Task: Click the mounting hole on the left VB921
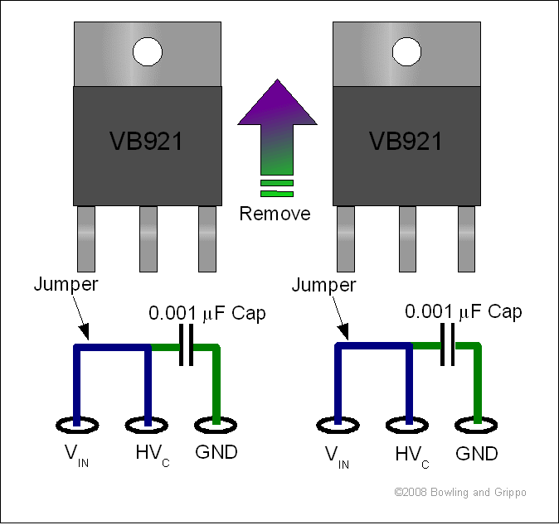148,52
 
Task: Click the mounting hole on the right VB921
406,52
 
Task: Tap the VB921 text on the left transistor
146,141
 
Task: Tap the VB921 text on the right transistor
406,141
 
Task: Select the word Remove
275,214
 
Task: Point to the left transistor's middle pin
148,238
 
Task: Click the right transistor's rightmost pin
466,238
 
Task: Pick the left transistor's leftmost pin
86,238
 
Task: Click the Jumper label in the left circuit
66,284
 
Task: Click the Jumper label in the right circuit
323,285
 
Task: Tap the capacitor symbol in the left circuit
186,345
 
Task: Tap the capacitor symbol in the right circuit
448,344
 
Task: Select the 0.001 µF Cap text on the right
464,311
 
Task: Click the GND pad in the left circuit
216,425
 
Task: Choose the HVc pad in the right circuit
407,425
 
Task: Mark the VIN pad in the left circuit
77,425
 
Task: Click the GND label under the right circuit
477,454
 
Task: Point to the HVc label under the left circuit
153,455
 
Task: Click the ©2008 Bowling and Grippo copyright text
460,493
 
